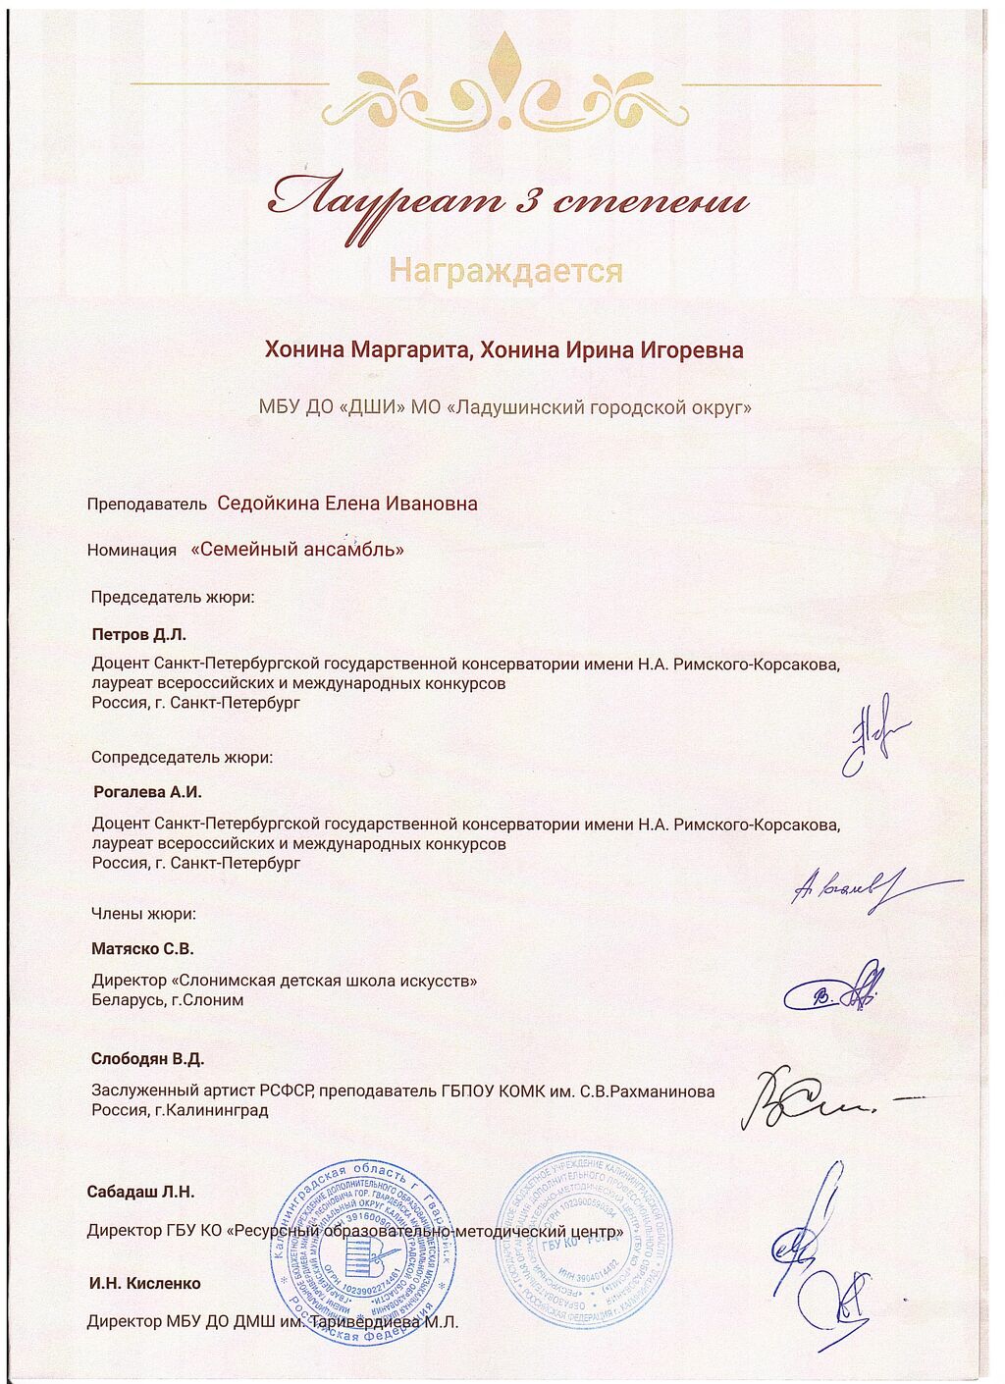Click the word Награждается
tap(505, 270)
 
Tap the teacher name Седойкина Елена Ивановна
tap(347, 504)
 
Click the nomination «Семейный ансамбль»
tap(297, 550)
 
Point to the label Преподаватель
tap(146, 505)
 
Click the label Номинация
tap(132, 551)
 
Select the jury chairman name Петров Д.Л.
tap(138, 635)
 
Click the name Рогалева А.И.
tap(147, 791)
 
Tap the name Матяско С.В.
tap(142, 949)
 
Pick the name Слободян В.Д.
tap(147, 1059)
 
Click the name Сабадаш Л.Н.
tap(140, 1193)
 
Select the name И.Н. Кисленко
tap(144, 1283)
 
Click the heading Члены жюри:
tap(143, 914)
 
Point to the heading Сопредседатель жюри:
tap(182, 758)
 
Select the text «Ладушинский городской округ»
tap(599, 406)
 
